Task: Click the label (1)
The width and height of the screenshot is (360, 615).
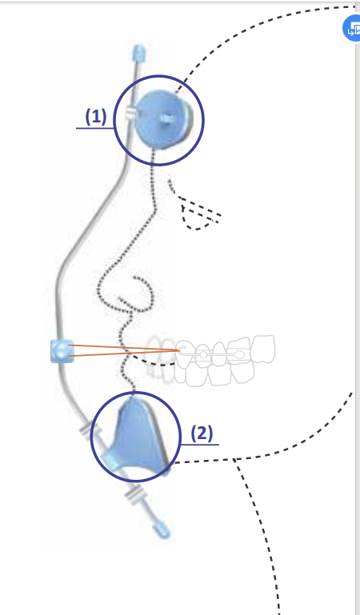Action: point(96,117)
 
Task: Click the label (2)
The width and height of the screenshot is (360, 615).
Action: point(202,433)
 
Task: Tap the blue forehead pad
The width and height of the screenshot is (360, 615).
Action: point(162,119)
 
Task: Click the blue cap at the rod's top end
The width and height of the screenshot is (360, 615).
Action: point(139,54)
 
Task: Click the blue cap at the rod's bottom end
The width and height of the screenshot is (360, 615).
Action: point(162,529)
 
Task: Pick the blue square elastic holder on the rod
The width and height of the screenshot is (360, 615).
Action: point(62,350)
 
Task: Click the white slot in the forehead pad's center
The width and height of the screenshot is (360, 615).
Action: point(166,118)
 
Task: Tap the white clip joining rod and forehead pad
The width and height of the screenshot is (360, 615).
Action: point(130,113)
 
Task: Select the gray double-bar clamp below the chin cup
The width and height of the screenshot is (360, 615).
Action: point(134,493)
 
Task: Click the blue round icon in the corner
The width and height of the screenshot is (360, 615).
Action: point(352,28)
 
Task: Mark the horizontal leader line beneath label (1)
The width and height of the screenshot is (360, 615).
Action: point(95,128)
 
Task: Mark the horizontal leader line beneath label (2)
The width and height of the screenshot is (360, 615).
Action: point(200,445)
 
